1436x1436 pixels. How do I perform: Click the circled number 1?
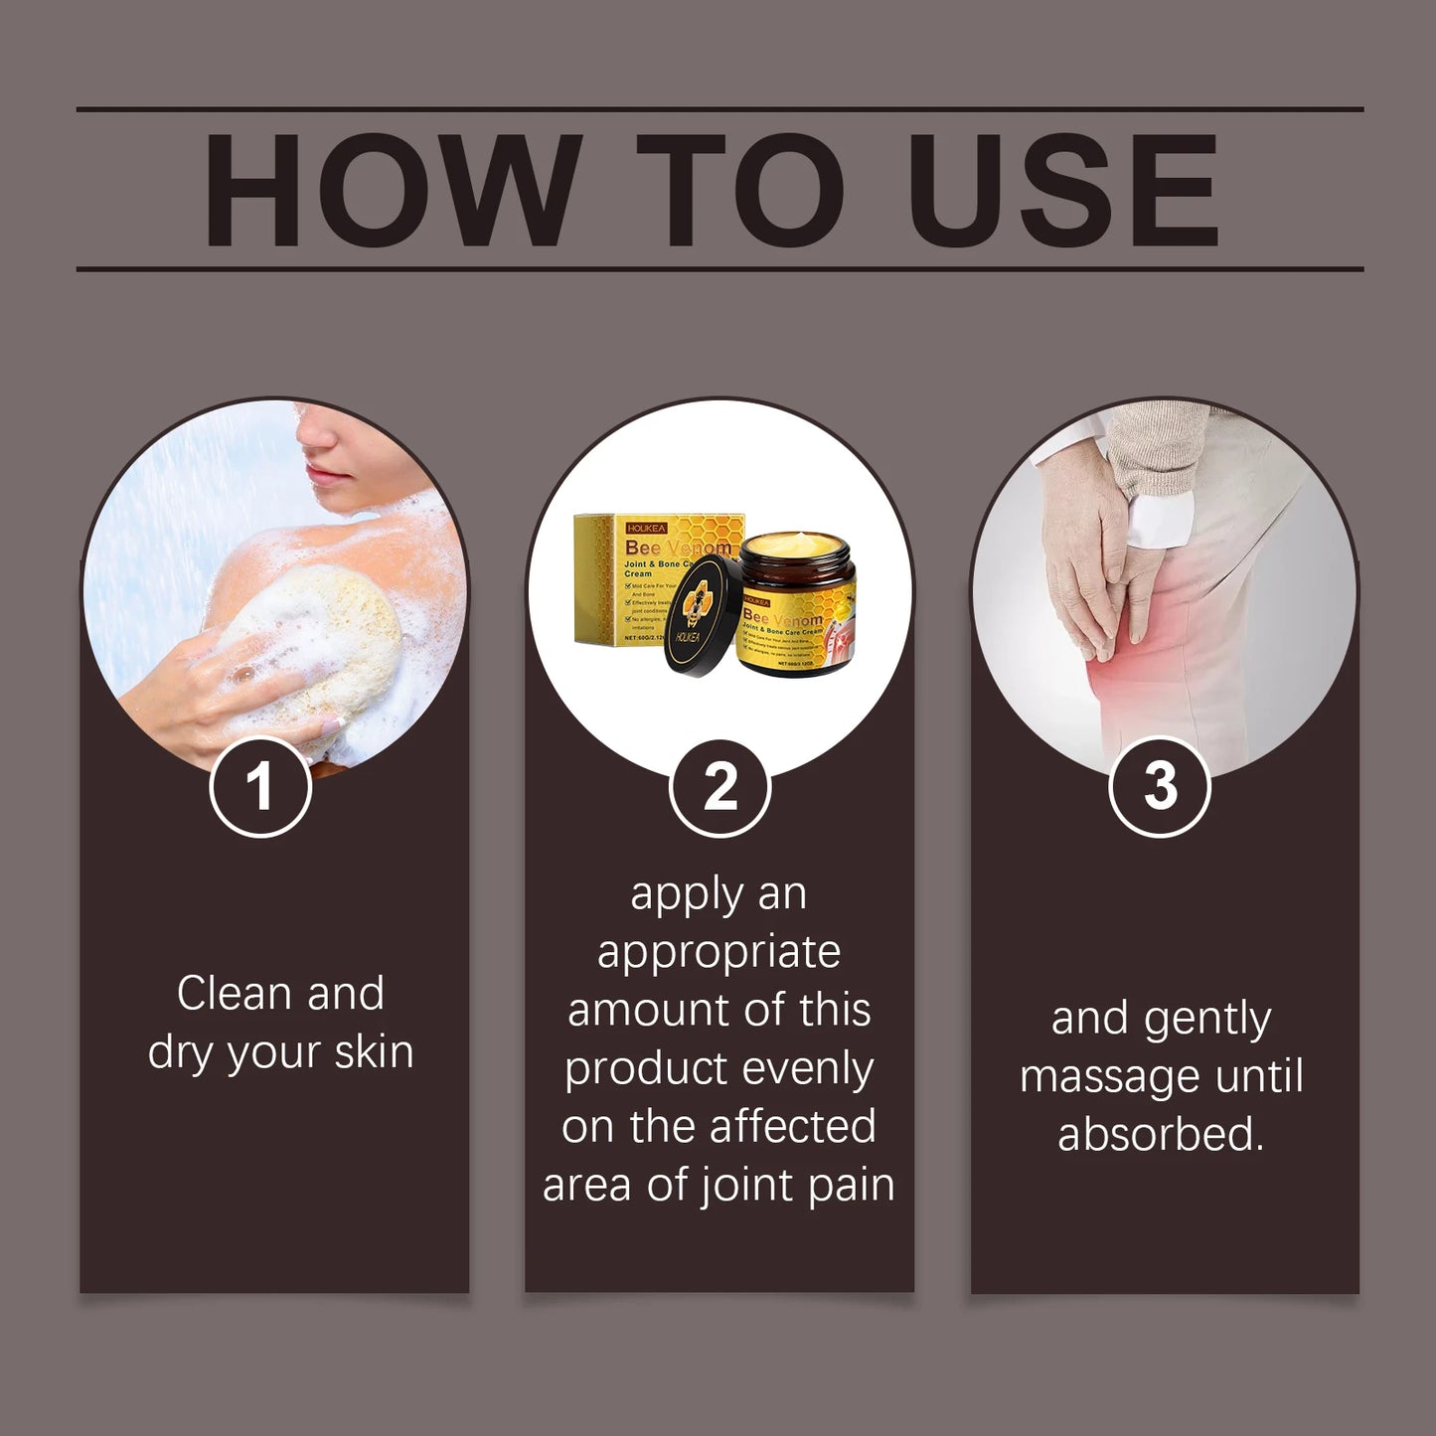click(260, 786)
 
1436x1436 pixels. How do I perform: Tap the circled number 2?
click(719, 786)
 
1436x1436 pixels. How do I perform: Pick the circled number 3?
click(1159, 786)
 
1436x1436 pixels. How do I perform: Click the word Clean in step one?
click(234, 993)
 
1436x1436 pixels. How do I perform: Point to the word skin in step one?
click(374, 1051)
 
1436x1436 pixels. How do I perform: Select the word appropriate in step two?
click(718, 953)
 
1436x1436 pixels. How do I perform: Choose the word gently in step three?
click(1206, 1020)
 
